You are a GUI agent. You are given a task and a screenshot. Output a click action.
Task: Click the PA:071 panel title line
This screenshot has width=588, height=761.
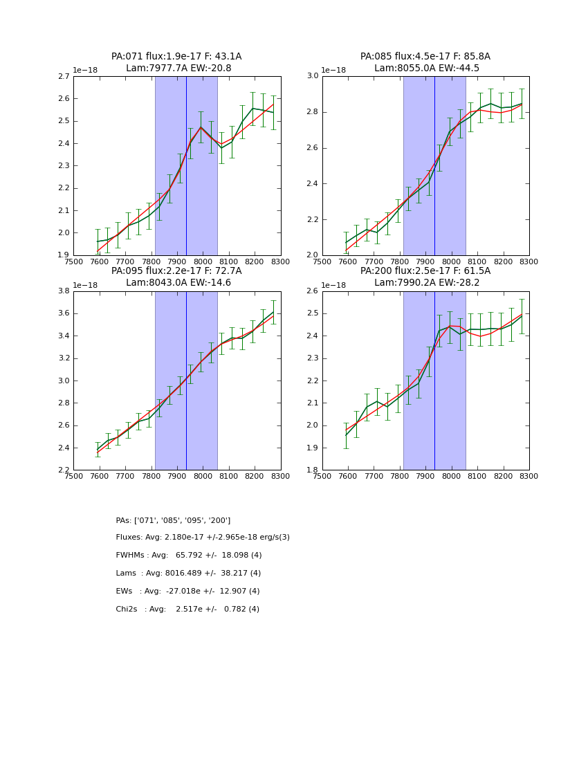[x=176, y=57]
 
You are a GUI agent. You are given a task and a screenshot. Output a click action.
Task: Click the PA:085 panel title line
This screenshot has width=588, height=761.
[x=425, y=57]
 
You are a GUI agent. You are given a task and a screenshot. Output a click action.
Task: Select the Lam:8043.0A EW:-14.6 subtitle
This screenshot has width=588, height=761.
[x=176, y=282]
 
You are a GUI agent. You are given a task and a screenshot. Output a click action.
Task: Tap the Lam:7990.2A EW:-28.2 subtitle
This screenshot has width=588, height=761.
[x=425, y=282]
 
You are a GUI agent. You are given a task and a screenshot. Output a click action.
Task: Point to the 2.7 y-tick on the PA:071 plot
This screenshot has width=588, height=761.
[x=63, y=76]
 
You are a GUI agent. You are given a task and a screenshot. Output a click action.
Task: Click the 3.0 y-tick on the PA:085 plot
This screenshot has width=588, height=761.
[x=312, y=76]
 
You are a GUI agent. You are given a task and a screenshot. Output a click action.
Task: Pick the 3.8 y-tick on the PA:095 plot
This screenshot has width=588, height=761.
[x=63, y=291]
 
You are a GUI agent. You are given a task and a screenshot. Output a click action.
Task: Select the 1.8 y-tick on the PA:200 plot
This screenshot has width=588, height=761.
[x=312, y=470]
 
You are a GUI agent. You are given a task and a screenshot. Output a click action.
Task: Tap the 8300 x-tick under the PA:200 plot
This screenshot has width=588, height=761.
[x=529, y=476]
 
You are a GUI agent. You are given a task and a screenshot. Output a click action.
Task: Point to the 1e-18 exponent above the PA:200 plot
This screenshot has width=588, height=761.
[x=334, y=285]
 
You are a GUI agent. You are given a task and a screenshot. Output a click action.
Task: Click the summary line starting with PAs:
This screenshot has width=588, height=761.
[x=173, y=520]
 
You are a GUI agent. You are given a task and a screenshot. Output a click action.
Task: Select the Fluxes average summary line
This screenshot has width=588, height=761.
[x=203, y=538]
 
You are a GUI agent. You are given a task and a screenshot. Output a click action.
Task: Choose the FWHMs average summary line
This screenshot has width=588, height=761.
[x=189, y=556]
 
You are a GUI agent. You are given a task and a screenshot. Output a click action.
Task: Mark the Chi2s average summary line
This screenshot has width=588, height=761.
[x=187, y=609]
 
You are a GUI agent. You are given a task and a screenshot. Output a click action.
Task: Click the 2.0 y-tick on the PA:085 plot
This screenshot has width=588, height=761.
[x=312, y=255]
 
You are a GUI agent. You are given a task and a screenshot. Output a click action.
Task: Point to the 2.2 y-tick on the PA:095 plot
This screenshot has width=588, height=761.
[x=63, y=470]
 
